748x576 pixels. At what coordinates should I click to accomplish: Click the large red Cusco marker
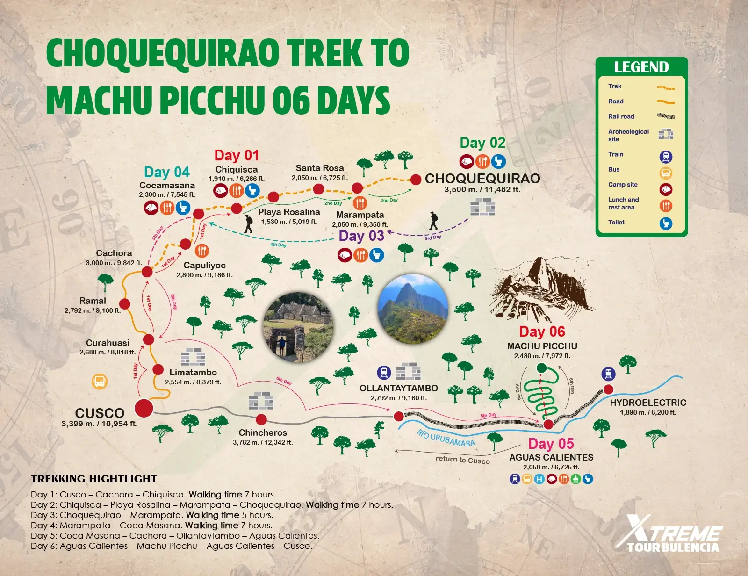pyautogui.click(x=144, y=408)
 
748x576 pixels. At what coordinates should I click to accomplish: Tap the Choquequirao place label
pyautogui.click(x=482, y=179)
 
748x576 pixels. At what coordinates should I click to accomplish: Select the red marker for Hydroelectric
pyautogui.click(x=608, y=389)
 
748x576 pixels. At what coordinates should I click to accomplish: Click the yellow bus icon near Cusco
pyautogui.click(x=100, y=382)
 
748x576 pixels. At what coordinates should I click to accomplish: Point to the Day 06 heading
pyautogui.click(x=542, y=331)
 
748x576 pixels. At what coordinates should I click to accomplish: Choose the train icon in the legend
pyautogui.click(x=666, y=157)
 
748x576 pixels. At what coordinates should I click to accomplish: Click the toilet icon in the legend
pyautogui.click(x=666, y=223)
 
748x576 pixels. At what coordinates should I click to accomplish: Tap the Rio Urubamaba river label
pyautogui.click(x=446, y=439)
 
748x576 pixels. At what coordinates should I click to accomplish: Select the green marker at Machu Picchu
pyautogui.click(x=541, y=368)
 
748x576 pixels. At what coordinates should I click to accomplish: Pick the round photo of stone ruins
pyautogui.click(x=298, y=327)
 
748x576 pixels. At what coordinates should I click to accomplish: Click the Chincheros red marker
pyautogui.click(x=261, y=419)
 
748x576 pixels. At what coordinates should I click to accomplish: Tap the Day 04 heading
pyautogui.click(x=167, y=172)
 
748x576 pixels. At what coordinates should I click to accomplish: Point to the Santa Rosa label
pyautogui.click(x=320, y=168)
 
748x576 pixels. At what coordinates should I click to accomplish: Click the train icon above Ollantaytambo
pyautogui.click(x=384, y=373)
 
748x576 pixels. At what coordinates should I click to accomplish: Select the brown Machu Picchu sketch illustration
pyautogui.click(x=540, y=290)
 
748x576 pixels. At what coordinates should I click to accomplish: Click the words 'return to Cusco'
pyautogui.click(x=462, y=460)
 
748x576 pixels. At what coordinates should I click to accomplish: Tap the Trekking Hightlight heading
pyautogui.click(x=94, y=479)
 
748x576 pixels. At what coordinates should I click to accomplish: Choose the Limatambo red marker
pyautogui.click(x=158, y=370)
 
